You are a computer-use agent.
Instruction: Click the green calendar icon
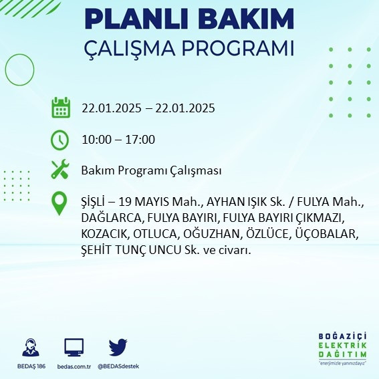61,108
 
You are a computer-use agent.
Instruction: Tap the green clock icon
60,140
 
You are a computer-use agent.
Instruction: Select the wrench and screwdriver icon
60,170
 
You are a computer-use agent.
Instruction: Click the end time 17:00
140,140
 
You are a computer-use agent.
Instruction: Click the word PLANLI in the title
138,19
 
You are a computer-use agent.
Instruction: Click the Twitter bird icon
118,348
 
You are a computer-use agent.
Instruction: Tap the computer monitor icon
74,348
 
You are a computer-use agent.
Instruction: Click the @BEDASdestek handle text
118,366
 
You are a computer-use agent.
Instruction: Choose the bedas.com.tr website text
74,366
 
